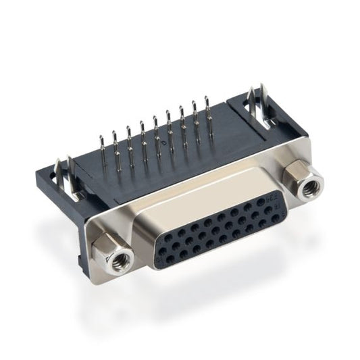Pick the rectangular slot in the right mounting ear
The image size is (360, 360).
coord(244,108)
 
